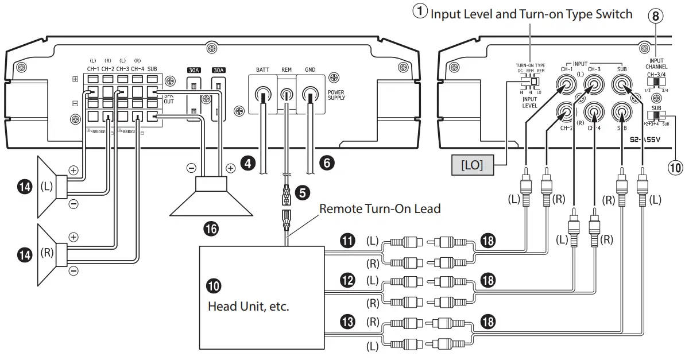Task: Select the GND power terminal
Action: tap(311, 93)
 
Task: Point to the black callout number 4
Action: tap(247, 164)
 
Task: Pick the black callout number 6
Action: tap(327, 164)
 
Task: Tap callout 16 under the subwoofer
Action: tap(211, 229)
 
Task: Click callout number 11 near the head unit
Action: tap(347, 241)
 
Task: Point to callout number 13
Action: tap(347, 322)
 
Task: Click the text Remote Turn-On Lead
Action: tap(380, 208)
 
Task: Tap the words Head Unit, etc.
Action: tap(248, 306)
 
